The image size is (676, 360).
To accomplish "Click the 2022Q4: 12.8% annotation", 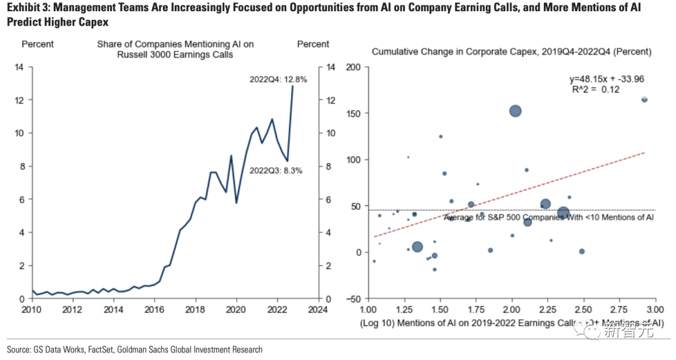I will click(x=278, y=80).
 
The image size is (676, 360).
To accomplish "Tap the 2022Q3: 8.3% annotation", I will click(x=276, y=170).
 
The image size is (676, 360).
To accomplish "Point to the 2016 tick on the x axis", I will click(x=155, y=309).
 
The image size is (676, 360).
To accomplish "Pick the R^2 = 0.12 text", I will click(x=595, y=90).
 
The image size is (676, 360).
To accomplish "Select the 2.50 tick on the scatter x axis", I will click(x=583, y=309).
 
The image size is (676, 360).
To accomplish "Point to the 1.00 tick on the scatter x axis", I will click(x=368, y=309).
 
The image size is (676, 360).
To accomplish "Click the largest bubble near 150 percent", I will click(x=515, y=111).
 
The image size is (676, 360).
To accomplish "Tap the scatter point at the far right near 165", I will click(x=644, y=99).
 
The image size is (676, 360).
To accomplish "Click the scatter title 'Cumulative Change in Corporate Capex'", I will click(x=511, y=52).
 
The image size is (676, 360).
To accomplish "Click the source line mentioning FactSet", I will click(x=135, y=349).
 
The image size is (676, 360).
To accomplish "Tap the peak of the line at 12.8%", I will click(x=292, y=86).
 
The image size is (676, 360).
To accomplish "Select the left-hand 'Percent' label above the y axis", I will click(x=38, y=44).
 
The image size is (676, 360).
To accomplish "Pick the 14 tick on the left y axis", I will click(x=19, y=67).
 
